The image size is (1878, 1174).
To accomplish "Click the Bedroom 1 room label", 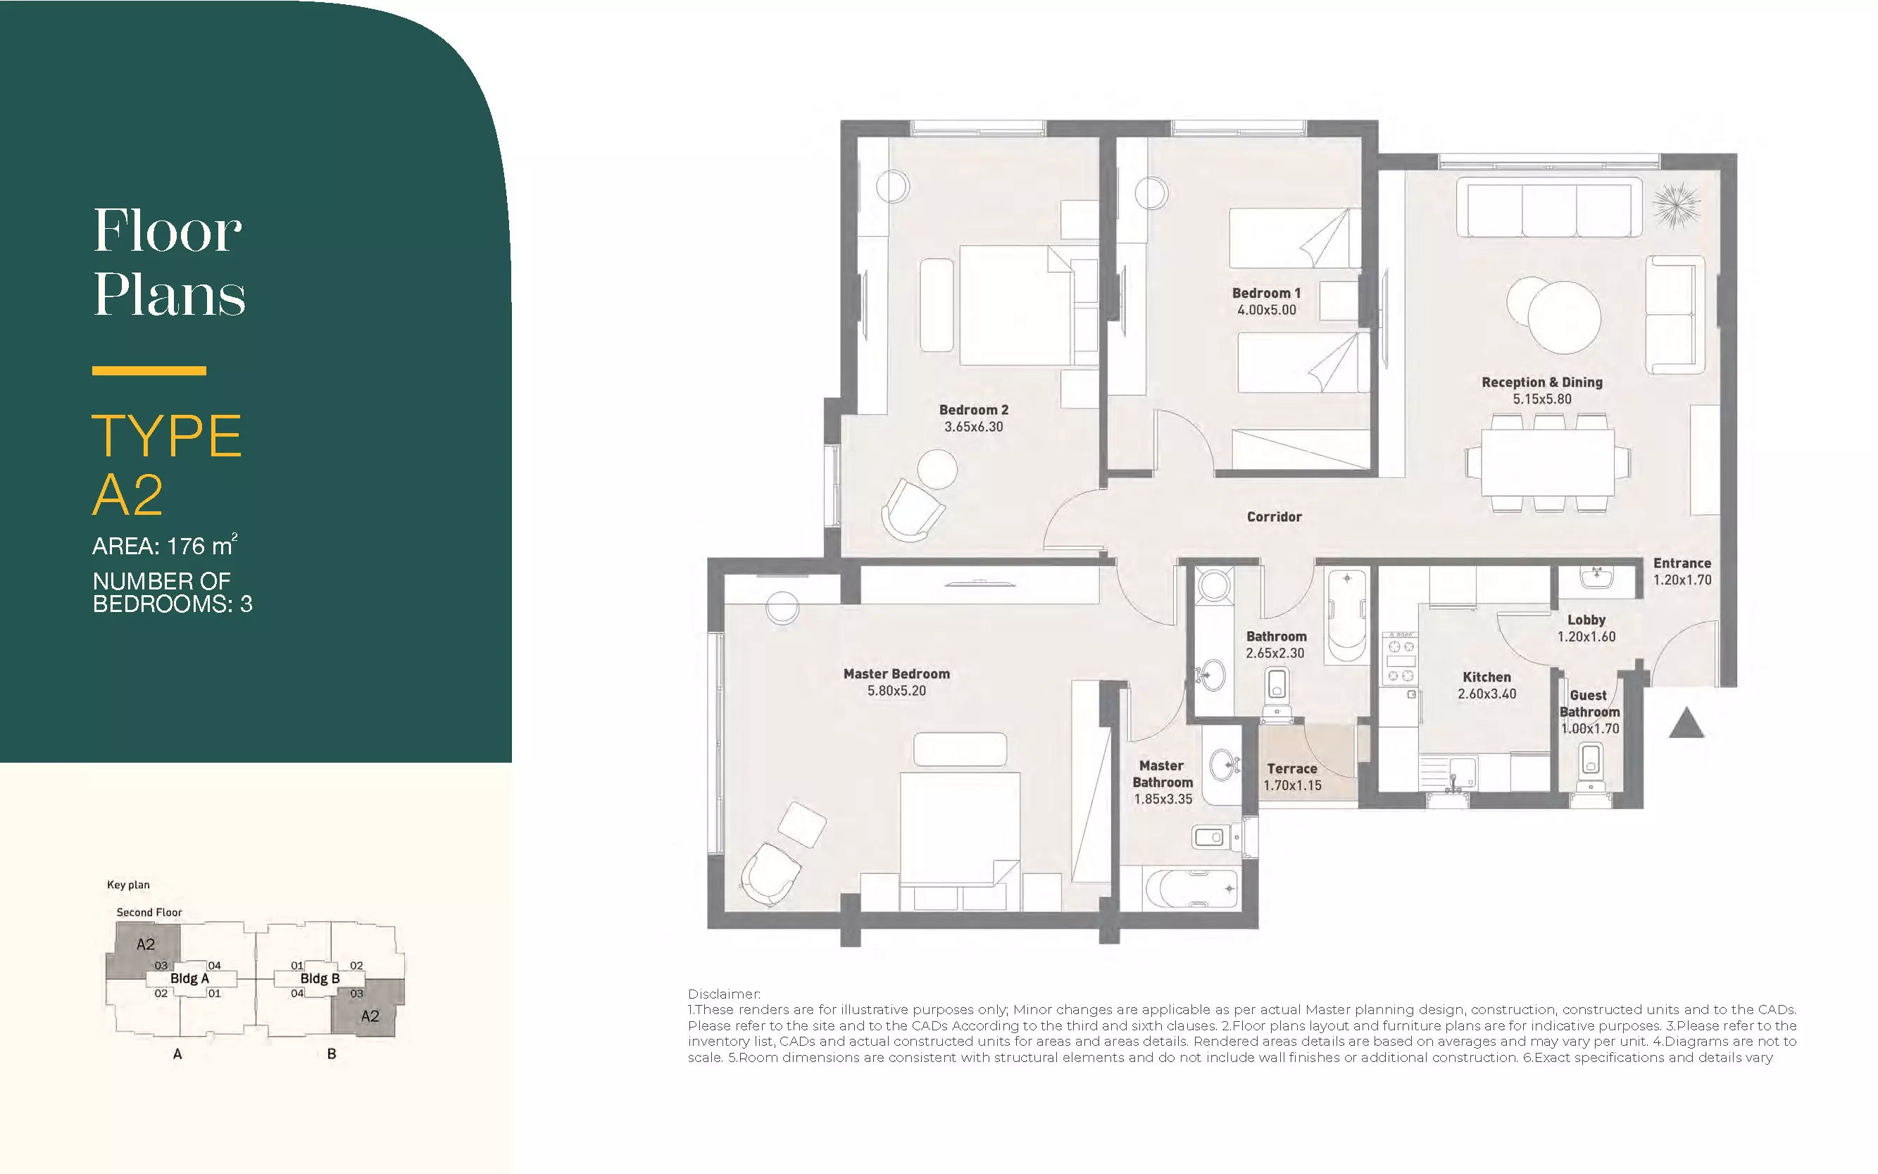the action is pyautogui.click(x=1266, y=293).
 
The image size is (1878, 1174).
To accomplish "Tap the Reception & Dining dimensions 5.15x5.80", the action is pyautogui.click(x=1542, y=399).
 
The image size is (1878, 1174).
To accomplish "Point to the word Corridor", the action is pyautogui.click(x=1274, y=516).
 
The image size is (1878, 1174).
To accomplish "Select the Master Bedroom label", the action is pyautogui.click(x=896, y=674).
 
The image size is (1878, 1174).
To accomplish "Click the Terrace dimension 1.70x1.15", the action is pyautogui.click(x=1293, y=785).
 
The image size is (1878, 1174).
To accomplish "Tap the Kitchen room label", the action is pyautogui.click(x=1486, y=677).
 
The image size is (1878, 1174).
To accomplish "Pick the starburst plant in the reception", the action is pyautogui.click(x=1676, y=206).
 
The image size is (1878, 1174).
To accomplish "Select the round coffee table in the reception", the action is pyautogui.click(x=1563, y=317).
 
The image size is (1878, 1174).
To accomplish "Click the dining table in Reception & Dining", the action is pyautogui.click(x=1548, y=463).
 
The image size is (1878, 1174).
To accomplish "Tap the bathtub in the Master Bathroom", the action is pyautogui.click(x=1191, y=889).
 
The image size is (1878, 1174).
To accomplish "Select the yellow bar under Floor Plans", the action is pyautogui.click(x=149, y=370).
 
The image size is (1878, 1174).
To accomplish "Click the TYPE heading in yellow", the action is pyautogui.click(x=167, y=436).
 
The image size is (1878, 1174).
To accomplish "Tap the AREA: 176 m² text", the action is pyautogui.click(x=165, y=545).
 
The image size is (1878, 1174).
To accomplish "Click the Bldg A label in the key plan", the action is pyautogui.click(x=189, y=978).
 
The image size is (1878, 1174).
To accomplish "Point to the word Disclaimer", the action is pyautogui.click(x=724, y=994).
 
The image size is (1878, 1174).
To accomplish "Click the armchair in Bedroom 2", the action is pyautogui.click(x=913, y=510).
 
